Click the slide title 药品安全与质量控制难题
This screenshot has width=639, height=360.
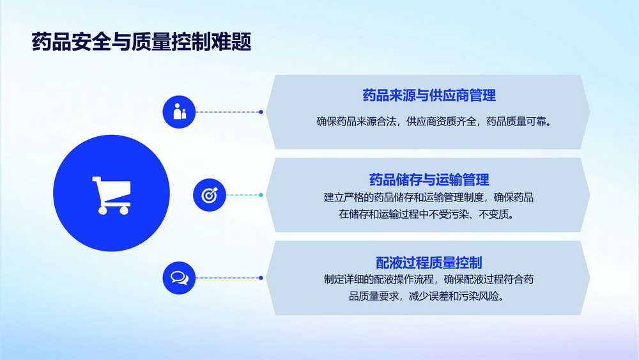click(141, 42)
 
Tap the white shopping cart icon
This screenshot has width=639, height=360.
click(112, 195)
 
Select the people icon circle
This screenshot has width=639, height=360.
click(179, 112)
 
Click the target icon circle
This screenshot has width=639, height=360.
click(210, 195)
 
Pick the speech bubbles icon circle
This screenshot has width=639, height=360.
click(179, 278)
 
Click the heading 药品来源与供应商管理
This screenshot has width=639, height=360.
click(429, 95)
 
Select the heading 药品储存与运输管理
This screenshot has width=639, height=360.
click(429, 180)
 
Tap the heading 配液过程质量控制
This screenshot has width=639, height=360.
click(429, 263)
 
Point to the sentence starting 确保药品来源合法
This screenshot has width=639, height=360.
click(434, 121)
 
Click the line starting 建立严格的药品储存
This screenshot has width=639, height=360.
click(429, 198)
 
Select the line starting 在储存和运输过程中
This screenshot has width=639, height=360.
click(427, 214)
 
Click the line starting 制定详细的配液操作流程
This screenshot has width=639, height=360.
click(429, 279)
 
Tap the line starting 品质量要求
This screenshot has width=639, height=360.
click(427, 297)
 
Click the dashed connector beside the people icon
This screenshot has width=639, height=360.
click(229, 112)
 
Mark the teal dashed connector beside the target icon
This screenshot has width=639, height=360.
click(244, 195)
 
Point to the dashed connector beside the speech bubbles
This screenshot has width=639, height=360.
click(229, 278)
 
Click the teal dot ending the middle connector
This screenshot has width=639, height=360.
click(261, 195)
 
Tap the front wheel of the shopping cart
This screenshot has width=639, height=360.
click(102, 210)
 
